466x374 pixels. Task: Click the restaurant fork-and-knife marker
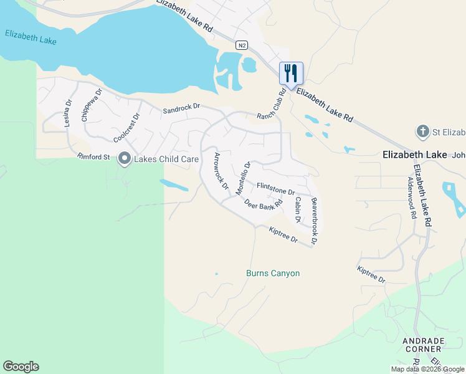[291, 73]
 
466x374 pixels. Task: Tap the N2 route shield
[242, 45]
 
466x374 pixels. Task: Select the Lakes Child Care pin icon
[124, 159]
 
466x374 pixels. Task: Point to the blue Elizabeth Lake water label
[31, 37]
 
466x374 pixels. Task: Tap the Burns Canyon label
[273, 273]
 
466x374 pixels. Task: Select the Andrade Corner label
[423, 345]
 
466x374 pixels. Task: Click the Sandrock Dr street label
[181, 108]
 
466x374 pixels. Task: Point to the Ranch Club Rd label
[271, 103]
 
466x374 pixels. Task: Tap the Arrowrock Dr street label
[221, 171]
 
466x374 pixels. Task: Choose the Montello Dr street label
[242, 177]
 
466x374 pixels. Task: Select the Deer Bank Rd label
[264, 204]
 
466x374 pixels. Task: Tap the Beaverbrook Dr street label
[315, 220]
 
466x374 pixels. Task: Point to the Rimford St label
[93, 156]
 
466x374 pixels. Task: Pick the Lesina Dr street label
[69, 113]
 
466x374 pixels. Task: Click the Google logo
[21, 367]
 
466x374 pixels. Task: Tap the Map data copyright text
[427, 369]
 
